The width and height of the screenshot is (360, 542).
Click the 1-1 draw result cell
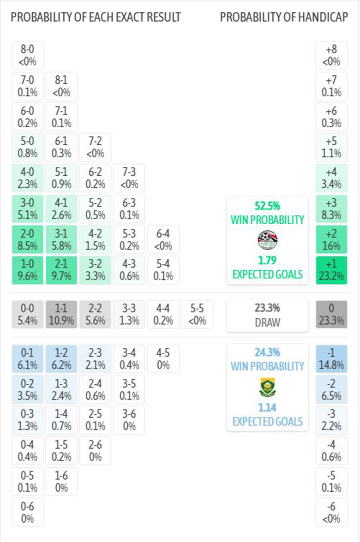[x=61, y=314]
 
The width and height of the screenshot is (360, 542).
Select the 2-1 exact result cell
[x=61, y=270]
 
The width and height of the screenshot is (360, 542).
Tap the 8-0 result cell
[x=28, y=54]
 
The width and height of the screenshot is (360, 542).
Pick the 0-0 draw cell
[x=28, y=314]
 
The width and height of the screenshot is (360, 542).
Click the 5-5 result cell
[x=197, y=314]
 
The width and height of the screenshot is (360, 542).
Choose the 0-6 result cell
[x=28, y=512]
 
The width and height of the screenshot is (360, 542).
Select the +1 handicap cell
[x=331, y=270]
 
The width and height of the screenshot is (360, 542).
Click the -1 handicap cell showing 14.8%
[x=331, y=358]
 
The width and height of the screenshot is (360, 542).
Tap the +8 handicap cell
[x=331, y=54]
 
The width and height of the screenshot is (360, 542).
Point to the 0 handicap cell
[x=331, y=314]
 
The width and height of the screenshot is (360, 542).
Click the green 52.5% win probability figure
[x=267, y=206]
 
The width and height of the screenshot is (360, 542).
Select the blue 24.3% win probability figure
[x=267, y=352]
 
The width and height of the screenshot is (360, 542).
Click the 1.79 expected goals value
[x=267, y=260]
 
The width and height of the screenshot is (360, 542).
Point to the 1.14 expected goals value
[x=267, y=407]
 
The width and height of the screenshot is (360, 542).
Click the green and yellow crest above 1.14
[x=267, y=387]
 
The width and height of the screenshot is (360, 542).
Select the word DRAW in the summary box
[x=267, y=322]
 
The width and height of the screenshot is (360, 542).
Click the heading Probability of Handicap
[x=283, y=18]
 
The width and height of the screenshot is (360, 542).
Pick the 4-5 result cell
[x=163, y=358]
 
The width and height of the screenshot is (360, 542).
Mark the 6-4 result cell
[x=163, y=240]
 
